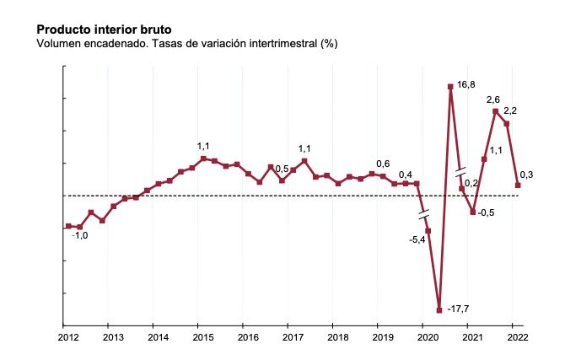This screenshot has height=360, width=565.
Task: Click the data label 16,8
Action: [x=466, y=85]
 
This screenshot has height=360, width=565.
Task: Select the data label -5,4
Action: [x=417, y=240]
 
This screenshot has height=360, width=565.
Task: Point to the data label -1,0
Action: [x=79, y=236]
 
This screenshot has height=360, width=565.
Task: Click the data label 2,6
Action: [x=494, y=99]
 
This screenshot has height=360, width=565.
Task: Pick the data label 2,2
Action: [x=510, y=110]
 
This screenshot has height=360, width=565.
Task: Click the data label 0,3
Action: [x=525, y=175]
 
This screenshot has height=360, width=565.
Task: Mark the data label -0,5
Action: [x=486, y=212]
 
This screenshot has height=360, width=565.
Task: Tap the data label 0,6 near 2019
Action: [x=383, y=164]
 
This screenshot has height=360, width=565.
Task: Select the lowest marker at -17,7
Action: [x=439, y=309]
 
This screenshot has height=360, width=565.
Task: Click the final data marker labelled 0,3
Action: [x=518, y=185]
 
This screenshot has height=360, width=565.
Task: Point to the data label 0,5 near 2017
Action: [x=282, y=169]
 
